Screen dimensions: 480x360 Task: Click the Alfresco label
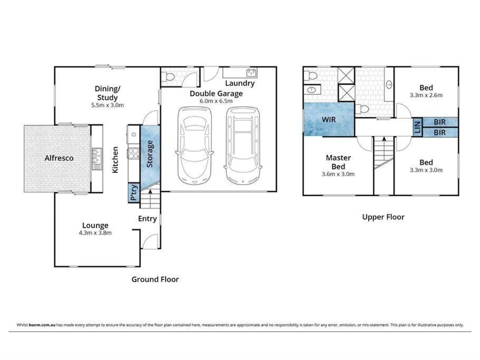(59, 158)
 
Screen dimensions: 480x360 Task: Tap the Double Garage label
(216, 94)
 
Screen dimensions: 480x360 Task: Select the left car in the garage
(195, 145)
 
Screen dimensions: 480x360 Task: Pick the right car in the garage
(243, 145)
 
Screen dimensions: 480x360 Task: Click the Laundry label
(239, 83)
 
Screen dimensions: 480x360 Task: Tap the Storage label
(150, 154)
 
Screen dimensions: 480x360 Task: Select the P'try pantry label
(134, 193)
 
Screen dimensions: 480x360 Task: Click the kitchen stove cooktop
(133, 153)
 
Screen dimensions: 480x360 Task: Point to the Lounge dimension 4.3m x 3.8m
(95, 233)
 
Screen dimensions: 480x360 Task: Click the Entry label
(147, 219)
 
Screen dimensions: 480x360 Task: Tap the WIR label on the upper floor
(329, 120)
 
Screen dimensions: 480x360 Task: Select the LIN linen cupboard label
(417, 127)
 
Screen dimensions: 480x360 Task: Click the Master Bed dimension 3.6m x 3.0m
(338, 174)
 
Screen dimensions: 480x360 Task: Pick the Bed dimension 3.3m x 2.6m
(426, 95)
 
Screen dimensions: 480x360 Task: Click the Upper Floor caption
(383, 217)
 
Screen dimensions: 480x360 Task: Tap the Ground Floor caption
(155, 279)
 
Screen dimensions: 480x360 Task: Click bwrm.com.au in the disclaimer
(42, 325)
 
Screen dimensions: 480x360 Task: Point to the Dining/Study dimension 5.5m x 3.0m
(108, 105)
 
